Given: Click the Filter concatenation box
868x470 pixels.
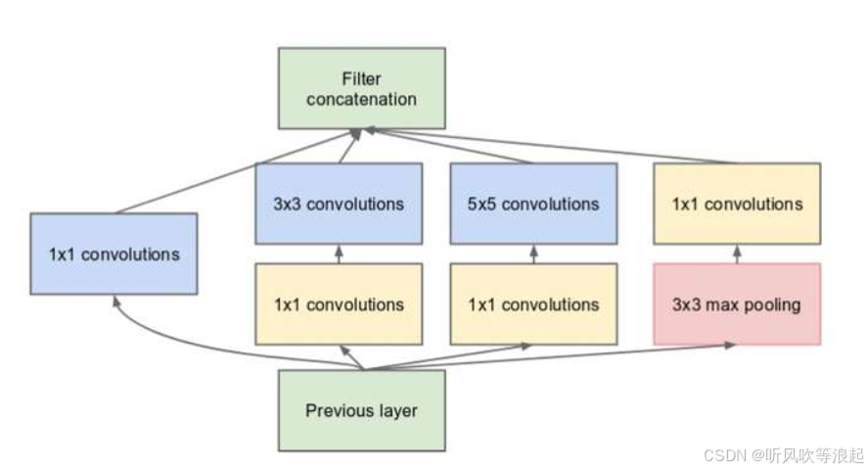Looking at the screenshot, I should click(361, 88).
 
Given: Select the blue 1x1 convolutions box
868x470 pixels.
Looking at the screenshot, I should click(114, 254).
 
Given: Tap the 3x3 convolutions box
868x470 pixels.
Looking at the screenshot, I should click(339, 204).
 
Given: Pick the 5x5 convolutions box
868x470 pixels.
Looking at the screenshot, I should click(533, 204).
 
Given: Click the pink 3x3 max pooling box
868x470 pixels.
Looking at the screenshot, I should click(737, 304).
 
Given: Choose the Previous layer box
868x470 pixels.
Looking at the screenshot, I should click(361, 409).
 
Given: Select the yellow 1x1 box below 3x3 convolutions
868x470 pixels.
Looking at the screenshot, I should click(339, 304).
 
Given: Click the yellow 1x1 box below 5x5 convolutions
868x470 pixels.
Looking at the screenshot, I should click(533, 304).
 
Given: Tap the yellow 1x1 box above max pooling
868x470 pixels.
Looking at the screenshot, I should click(737, 204).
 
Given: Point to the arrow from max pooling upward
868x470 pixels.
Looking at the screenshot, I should click(737, 254).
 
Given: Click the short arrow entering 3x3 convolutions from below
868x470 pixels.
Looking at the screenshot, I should click(339, 254).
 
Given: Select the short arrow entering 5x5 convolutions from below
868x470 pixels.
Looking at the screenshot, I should click(533, 254).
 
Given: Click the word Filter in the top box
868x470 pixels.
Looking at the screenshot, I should click(360, 77).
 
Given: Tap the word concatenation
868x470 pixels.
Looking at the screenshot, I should click(361, 99).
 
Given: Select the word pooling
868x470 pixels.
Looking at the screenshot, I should click(770, 305).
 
